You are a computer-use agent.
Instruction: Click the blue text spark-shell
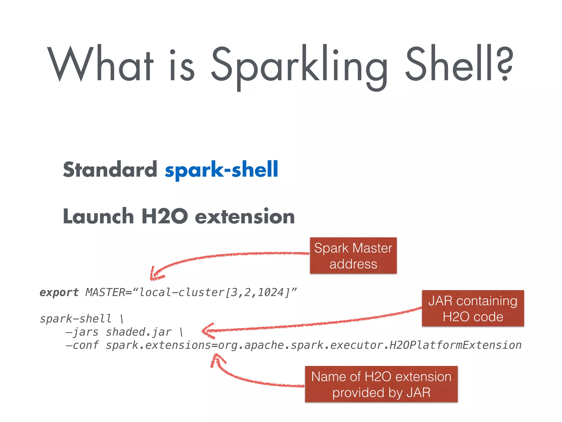tap(221, 170)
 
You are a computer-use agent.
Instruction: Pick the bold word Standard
tap(110, 170)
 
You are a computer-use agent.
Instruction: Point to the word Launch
tap(98, 216)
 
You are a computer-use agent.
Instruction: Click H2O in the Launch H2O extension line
tap(165, 216)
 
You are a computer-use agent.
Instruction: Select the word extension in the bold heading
tap(245, 216)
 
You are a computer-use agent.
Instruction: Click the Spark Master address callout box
tap(353, 256)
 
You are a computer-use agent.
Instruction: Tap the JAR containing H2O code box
tap(473, 308)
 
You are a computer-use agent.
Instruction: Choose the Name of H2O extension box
tap(381, 384)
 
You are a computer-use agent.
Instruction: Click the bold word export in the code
tap(59, 292)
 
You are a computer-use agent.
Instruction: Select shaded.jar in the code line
tap(139, 332)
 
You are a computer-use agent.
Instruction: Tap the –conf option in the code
tap(82, 345)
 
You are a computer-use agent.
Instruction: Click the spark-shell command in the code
tap(75, 319)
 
